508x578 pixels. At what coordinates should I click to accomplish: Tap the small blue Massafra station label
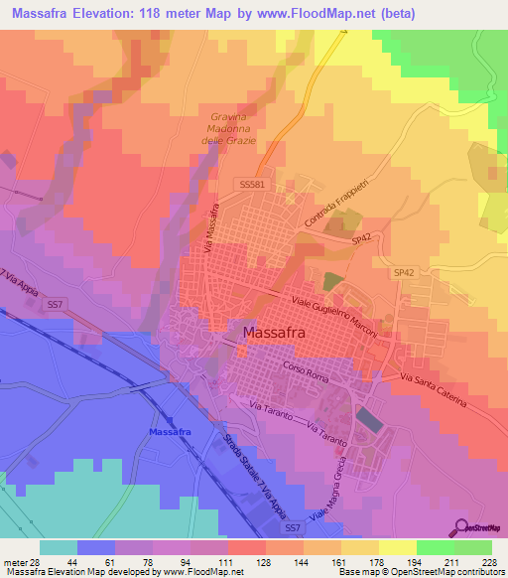[x=169, y=433]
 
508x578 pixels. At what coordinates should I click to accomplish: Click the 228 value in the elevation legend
[x=491, y=561]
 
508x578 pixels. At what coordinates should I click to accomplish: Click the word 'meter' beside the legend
[x=14, y=561]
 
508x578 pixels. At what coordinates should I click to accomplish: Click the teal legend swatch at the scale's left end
[x=59, y=547]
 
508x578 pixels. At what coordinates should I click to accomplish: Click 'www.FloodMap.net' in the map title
[x=315, y=13]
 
